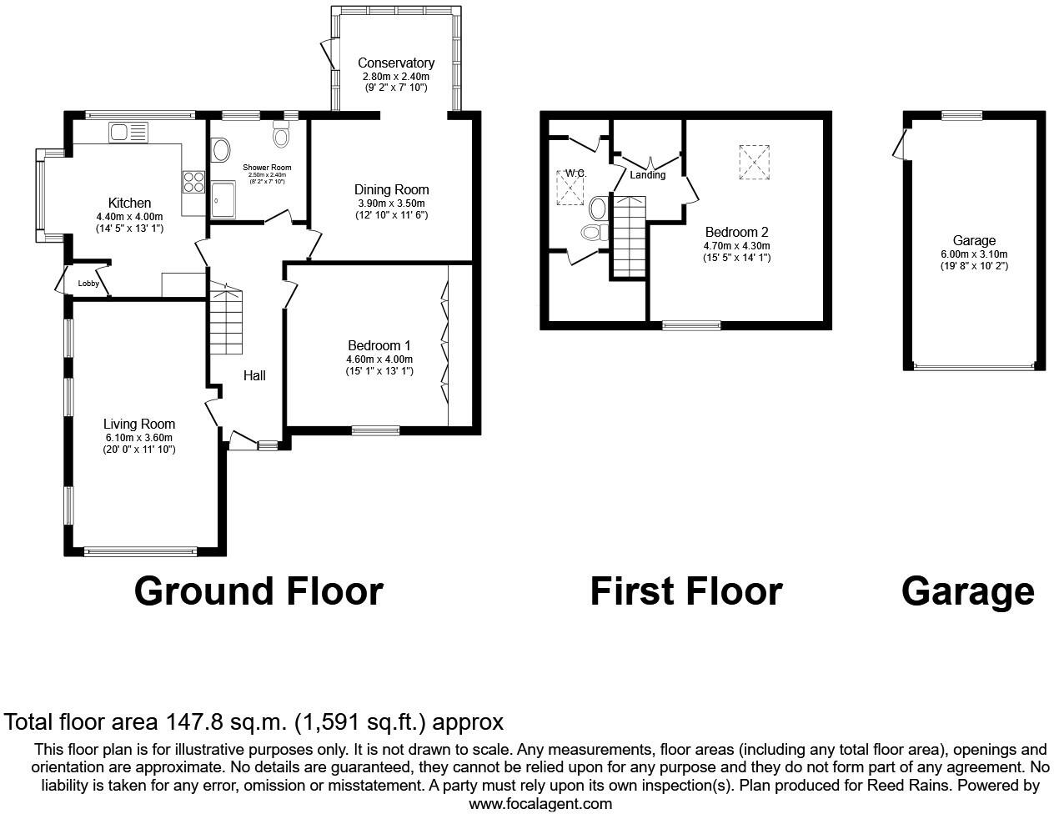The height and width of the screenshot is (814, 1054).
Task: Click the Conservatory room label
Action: [x=396, y=63]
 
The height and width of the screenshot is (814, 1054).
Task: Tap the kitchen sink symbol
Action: [x=128, y=132]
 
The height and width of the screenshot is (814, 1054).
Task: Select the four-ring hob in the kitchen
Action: [x=193, y=181]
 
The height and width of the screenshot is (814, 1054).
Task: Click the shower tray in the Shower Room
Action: [x=223, y=200]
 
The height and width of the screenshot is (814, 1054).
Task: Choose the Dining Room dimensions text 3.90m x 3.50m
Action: [x=391, y=203]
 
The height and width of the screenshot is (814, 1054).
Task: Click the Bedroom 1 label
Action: [x=379, y=345]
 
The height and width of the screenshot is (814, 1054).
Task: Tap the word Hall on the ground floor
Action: [x=254, y=376]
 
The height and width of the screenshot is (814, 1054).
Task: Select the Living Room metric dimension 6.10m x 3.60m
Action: [x=139, y=438]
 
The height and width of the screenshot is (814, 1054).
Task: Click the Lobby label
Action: [x=88, y=284]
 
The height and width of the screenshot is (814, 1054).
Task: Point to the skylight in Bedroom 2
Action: [x=754, y=162]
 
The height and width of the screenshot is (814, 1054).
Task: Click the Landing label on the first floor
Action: [x=648, y=175]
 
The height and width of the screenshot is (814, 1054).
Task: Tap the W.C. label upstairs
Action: [x=575, y=173]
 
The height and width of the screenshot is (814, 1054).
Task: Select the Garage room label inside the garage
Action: [x=974, y=241]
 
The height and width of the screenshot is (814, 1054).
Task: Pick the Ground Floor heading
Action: [x=258, y=591]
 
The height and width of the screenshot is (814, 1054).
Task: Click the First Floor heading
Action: [x=685, y=591]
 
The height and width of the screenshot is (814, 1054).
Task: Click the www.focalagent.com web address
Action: [x=540, y=804]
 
